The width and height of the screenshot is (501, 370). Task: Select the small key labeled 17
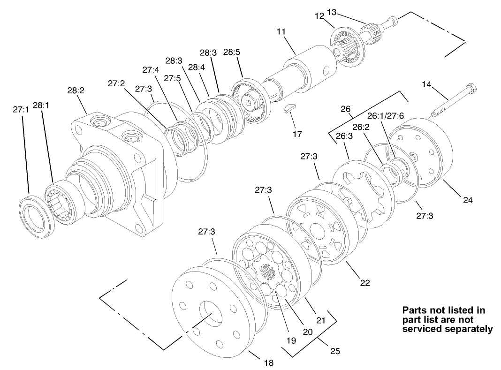pos(290,110)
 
